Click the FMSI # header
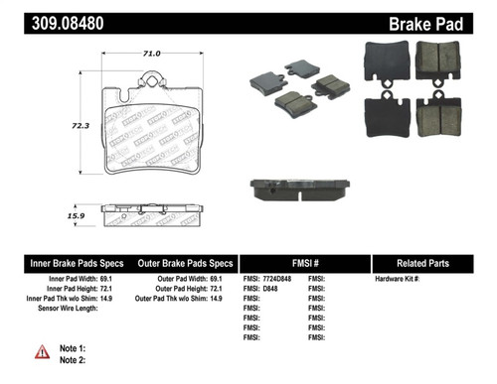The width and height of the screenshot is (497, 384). tap(306, 264)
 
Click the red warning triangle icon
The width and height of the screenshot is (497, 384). tap(43, 352)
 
